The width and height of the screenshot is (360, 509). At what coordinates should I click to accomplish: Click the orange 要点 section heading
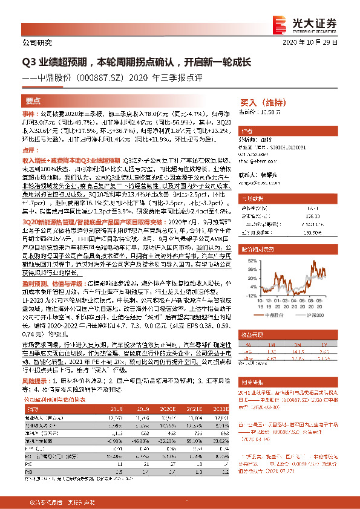tap(34, 100)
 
